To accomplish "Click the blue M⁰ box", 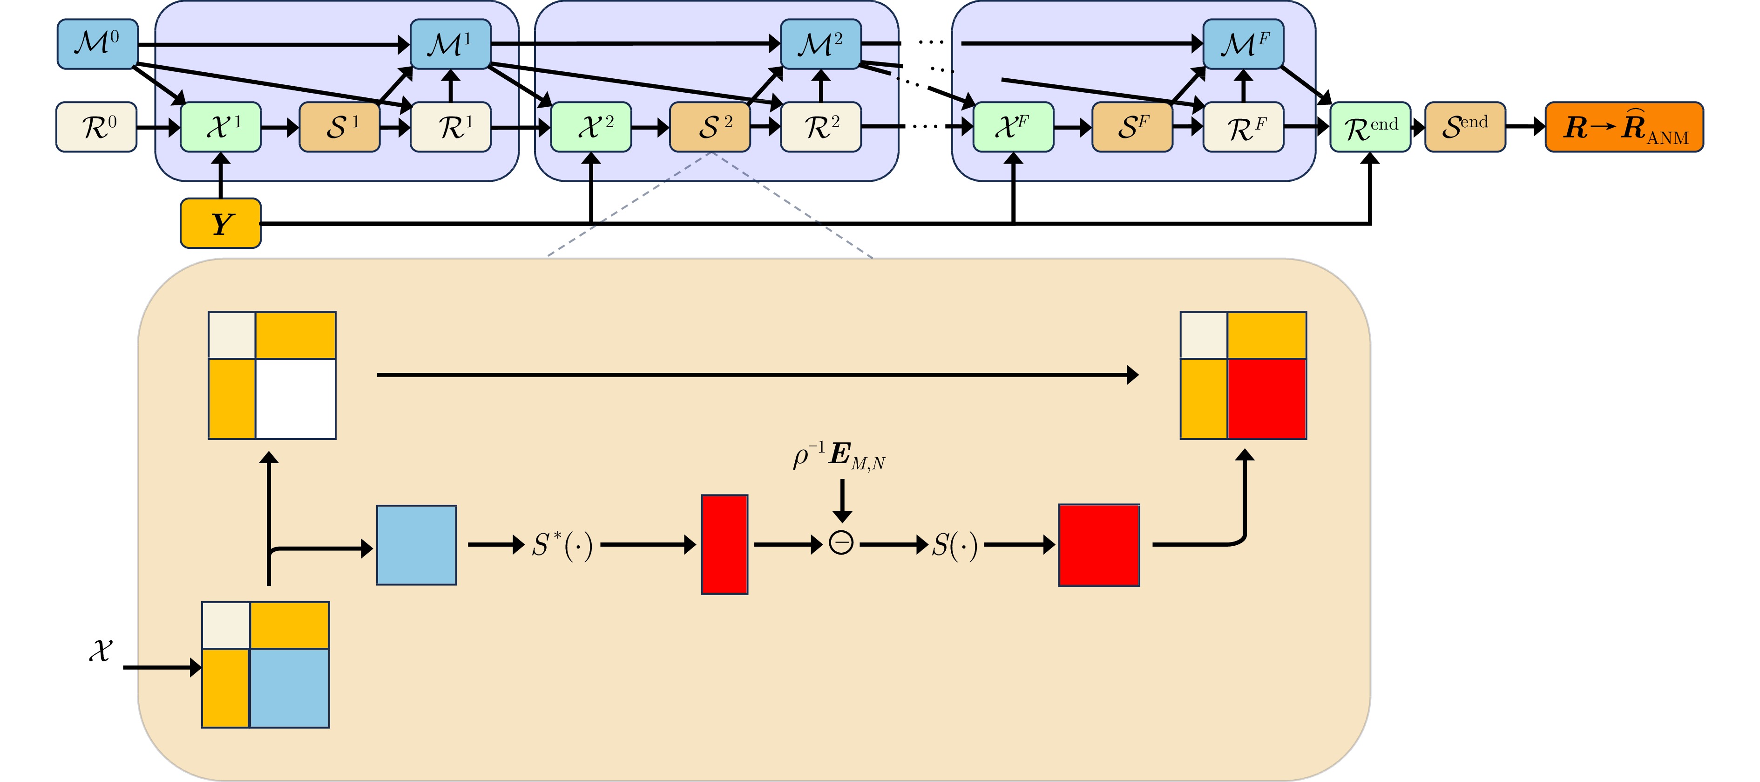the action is [98, 44].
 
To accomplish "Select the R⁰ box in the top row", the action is [96, 127].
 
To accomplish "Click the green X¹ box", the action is [221, 127].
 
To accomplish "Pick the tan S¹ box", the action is [339, 127].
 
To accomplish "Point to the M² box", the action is [820, 44].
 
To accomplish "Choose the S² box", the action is [710, 127].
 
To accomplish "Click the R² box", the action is [820, 127].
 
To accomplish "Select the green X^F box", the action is [1013, 127].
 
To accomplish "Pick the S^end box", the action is [1465, 127].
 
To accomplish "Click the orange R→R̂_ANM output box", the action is [1624, 127].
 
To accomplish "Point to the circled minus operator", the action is [841, 543].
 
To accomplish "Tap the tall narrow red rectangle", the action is [725, 545].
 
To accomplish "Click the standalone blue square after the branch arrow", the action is [417, 545].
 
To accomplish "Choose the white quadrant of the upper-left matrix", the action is [295, 398].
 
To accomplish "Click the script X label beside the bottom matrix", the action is [101, 651].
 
